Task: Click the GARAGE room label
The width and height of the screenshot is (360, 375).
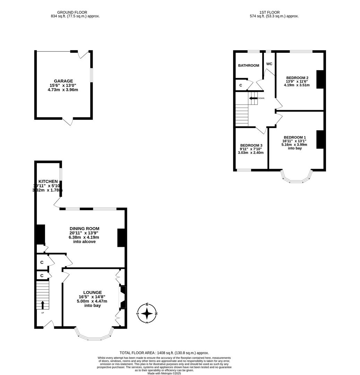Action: pyautogui.click(x=63, y=81)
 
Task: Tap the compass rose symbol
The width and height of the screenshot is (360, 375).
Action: pyautogui.click(x=147, y=313)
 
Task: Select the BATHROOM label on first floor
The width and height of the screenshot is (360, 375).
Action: pyautogui.click(x=248, y=65)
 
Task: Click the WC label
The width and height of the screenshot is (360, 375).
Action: pyautogui.click(x=269, y=64)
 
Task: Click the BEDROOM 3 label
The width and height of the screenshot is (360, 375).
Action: pyautogui.click(x=251, y=145)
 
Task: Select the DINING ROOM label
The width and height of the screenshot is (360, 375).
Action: pyautogui.click(x=84, y=228)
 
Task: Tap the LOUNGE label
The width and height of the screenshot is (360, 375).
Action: pyautogui.click(x=92, y=292)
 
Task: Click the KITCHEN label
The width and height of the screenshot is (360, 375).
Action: pyautogui.click(x=48, y=182)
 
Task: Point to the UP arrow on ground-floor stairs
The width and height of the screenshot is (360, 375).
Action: pyautogui.click(x=43, y=305)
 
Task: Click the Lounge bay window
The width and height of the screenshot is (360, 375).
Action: pyautogui.click(x=94, y=335)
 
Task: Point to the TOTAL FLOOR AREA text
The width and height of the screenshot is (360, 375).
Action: pyautogui.click(x=164, y=353)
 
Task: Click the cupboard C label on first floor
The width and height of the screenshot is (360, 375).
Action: pyautogui.click(x=240, y=85)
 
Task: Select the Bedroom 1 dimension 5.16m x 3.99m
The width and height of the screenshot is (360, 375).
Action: pyautogui.click(x=294, y=144)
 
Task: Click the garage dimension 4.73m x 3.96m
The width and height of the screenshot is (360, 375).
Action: pyautogui.click(x=63, y=90)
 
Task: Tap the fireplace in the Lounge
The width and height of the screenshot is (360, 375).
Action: pyautogui.click(x=122, y=297)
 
